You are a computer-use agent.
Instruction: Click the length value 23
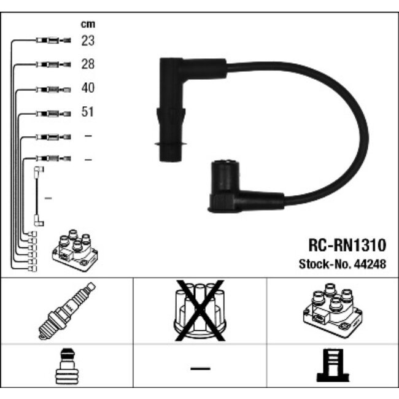tap(88, 41)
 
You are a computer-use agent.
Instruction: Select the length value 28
tap(88, 64)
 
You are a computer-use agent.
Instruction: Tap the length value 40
tap(88, 88)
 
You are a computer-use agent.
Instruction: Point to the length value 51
tap(88, 112)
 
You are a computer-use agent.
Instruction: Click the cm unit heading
tap(88, 25)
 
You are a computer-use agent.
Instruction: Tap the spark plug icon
tap(66, 311)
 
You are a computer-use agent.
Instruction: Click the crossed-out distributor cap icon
tap(199, 310)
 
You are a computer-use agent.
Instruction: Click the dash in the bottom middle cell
tap(199, 368)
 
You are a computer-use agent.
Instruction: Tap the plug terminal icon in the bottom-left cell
tap(66, 368)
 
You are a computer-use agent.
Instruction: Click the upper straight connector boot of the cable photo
tap(171, 110)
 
